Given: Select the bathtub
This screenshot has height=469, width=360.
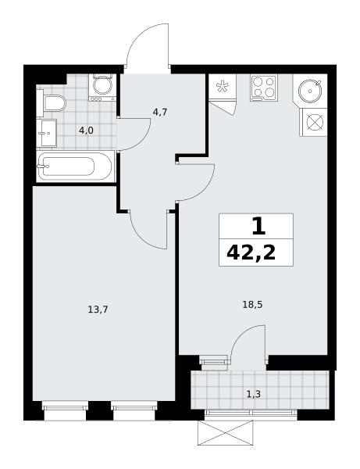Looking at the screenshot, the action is click(x=76, y=166).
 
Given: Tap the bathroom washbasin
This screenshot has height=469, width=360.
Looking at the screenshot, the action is click(x=47, y=133).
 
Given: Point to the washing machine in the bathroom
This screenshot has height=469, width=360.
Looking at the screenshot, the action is click(x=102, y=88).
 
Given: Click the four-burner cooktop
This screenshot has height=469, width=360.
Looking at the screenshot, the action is click(x=264, y=88).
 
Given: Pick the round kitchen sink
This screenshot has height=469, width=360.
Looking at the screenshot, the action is click(x=311, y=91).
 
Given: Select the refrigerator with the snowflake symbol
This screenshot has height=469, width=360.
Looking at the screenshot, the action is click(x=223, y=86).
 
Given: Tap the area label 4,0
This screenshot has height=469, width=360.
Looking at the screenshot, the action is click(x=87, y=131).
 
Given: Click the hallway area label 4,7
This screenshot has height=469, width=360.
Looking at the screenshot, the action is click(x=159, y=112).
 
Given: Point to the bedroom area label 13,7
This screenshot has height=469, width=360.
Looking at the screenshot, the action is click(x=98, y=310).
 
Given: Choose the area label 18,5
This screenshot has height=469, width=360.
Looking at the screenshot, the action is click(x=252, y=305).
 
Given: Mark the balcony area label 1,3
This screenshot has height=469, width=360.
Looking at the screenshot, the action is click(x=253, y=395).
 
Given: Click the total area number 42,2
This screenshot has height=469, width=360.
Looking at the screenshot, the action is click(x=251, y=253).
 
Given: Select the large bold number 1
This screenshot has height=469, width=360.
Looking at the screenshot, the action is click(x=258, y=227).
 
